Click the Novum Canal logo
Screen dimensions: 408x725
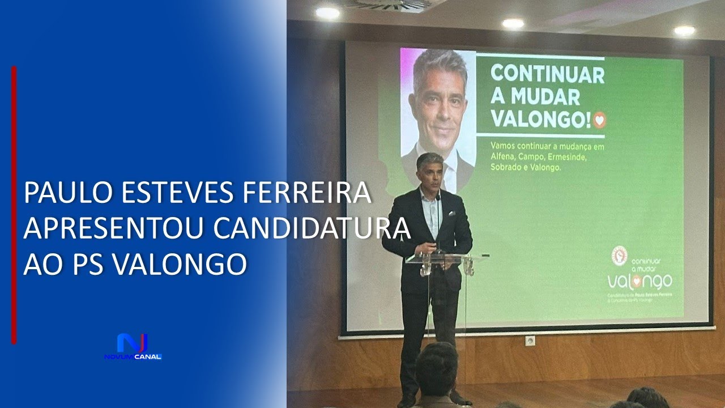133,347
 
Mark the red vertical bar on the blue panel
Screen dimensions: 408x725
14,204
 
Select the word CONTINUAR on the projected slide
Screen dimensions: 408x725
547,75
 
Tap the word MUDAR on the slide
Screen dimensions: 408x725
545,97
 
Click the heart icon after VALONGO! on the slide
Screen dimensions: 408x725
599,120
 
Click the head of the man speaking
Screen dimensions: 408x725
430,169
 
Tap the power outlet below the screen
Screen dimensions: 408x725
530,341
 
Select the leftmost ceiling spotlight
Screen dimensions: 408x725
327,12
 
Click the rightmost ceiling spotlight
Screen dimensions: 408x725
684,31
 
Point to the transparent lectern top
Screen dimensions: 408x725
446,258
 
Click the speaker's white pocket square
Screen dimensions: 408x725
451,214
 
